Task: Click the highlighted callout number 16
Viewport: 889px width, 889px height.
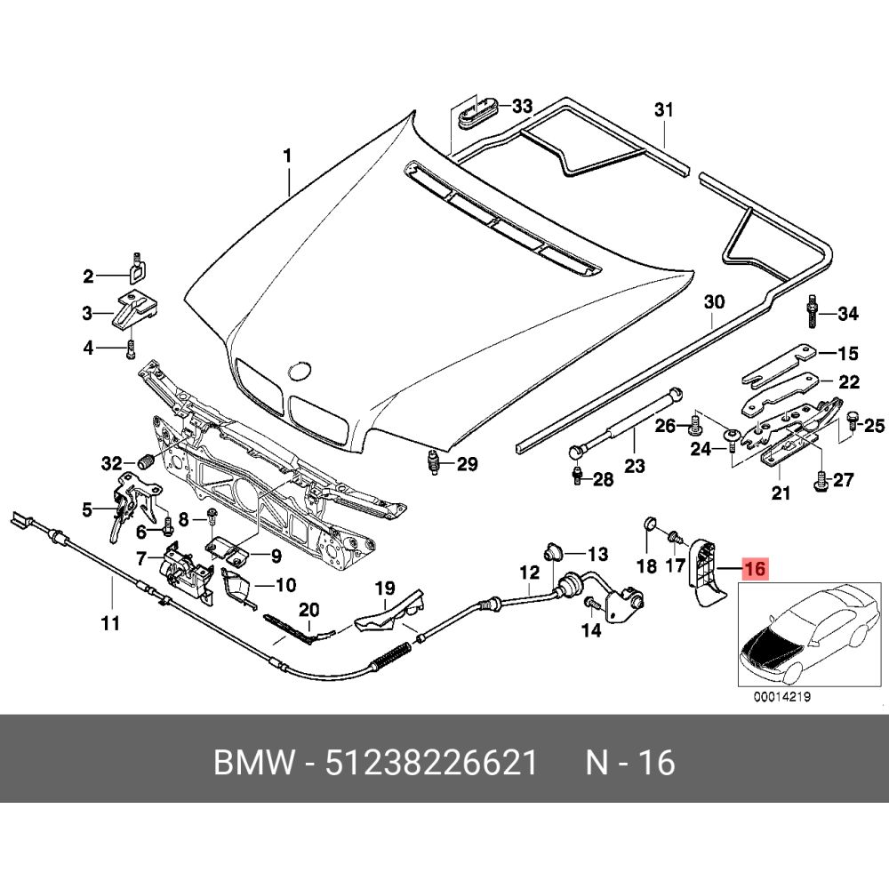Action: click(x=754, y=569)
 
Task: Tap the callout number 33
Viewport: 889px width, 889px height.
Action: click(x=521, y=108)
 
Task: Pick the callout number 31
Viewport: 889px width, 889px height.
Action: click(x=664, y=110)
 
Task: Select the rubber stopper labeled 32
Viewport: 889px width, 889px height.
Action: click(x=146, y=464)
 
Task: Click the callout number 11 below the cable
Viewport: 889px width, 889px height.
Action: click(x=109, y=623)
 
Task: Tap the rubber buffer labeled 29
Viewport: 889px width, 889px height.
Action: click(x=435, y=463)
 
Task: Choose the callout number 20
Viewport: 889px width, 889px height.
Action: click(x=308, y=609)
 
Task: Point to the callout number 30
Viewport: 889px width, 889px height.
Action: click(x=715, y=303)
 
